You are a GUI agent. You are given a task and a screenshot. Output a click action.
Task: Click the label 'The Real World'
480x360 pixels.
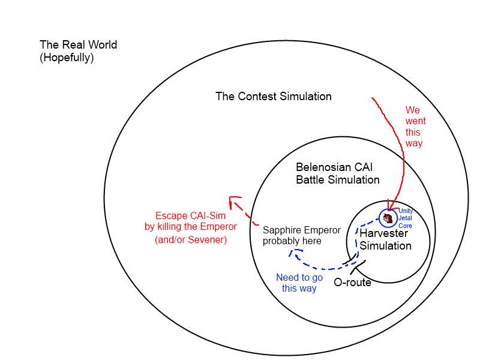tap(78, 45)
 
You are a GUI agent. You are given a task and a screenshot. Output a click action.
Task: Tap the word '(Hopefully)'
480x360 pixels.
tap(67, 58)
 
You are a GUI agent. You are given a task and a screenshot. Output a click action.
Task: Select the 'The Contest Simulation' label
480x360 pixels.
tap(274, 97)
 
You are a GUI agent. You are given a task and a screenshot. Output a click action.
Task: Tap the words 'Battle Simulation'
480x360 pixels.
tap(338, 180)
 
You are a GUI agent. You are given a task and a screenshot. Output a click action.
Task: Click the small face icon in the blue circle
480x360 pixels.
tap(388, 218)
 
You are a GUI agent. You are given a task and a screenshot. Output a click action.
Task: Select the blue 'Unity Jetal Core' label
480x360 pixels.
tap(406, 218)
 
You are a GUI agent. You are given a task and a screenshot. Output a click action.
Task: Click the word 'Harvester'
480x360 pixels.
tap(384, 233)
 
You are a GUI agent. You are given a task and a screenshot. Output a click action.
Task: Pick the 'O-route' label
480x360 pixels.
tap(352, 283)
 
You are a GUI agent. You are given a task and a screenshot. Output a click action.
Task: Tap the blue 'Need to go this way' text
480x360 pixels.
tap(299, 283)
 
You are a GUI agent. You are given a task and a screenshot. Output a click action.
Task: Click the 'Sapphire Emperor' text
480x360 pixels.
tap(302, 230)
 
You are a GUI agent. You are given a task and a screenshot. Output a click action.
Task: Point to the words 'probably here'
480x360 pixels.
tap(292, 241)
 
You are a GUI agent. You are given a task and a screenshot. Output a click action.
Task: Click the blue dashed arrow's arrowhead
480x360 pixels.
tap(293, 253)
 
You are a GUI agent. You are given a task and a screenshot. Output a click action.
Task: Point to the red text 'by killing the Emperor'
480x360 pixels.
tap(190, 227)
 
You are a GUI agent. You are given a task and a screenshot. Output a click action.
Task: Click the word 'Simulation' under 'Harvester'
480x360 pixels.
tap(386, 246)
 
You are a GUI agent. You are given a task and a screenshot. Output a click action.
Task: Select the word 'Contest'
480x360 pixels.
tap(255, 97)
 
